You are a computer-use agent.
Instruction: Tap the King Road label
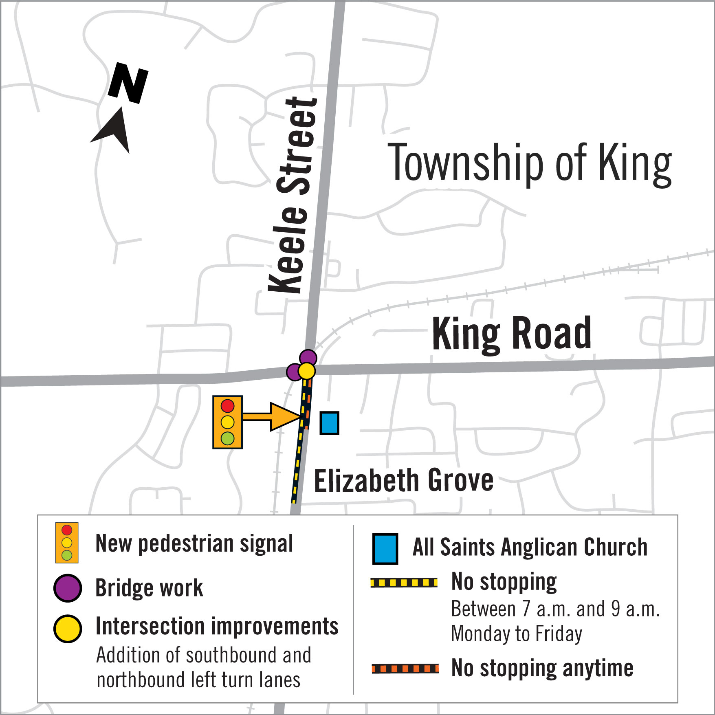[x=511, y=334]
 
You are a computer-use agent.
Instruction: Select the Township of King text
[x=530, y=163]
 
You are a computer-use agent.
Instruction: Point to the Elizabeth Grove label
[x=403, y=481]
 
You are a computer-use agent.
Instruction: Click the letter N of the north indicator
[x=128, y=83]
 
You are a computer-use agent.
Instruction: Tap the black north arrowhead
[x=114, y=130]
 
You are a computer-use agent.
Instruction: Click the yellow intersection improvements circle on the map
[x=306, y=371]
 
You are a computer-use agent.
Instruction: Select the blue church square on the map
[x=329, y=423]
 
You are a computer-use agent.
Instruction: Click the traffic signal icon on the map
[x=227, y=422]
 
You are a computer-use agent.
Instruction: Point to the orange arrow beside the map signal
[x=271, y=416]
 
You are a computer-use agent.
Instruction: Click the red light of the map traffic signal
[x=227, y=406]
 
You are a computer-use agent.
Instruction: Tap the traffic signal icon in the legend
[x=67, y=543]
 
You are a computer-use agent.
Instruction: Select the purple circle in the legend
[x=68, y=588]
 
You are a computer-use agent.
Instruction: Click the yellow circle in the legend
[x=68, y=629]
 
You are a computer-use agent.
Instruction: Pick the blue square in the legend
[x=385, y=549]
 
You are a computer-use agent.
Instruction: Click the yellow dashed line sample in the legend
[x=404, y=583]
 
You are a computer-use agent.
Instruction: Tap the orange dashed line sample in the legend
[x=405, y=669]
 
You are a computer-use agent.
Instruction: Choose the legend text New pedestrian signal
[x=194, y=543]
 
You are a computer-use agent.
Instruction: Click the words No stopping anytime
[x=542, y=669]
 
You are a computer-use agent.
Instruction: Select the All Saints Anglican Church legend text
[x=530, y=547]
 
